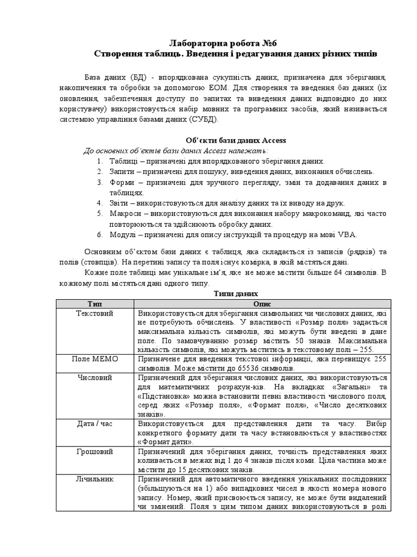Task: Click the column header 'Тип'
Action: point(94,304)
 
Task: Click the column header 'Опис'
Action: point(262,304)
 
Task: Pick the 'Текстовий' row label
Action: point(94,314)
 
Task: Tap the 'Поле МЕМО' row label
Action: point(94,359)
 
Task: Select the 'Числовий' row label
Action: point(94,377)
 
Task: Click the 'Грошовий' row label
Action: point(94,451)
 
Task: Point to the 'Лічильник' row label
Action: point(94,479)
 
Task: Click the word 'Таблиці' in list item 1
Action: point(123,162)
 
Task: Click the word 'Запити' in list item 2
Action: point(122,172)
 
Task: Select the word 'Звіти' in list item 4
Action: point(119,203)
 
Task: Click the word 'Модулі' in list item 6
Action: point(123,234)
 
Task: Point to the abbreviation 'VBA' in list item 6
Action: point(347,234)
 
